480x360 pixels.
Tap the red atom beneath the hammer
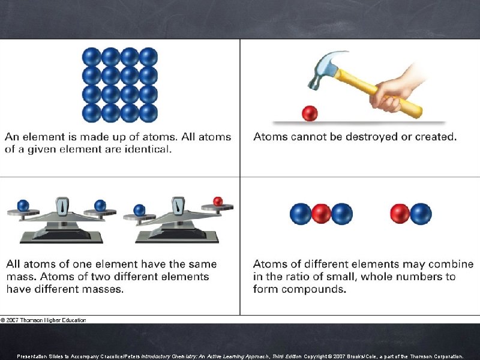coord(310,113)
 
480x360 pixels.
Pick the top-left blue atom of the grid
coord(91,57)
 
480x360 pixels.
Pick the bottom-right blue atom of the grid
coord(148,112)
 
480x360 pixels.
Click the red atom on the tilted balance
coord(218,202)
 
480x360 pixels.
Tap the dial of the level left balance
coord(62,207)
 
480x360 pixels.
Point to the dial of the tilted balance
coord(178,207)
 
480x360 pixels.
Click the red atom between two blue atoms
coord(321,214)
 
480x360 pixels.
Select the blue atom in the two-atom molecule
coord(421,214)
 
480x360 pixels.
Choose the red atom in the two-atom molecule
coord(400,214)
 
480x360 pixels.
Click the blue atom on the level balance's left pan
coord(23,206)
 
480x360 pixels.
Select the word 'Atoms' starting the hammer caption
coord(271,137)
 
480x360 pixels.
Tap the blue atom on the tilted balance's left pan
coord(139,210)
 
